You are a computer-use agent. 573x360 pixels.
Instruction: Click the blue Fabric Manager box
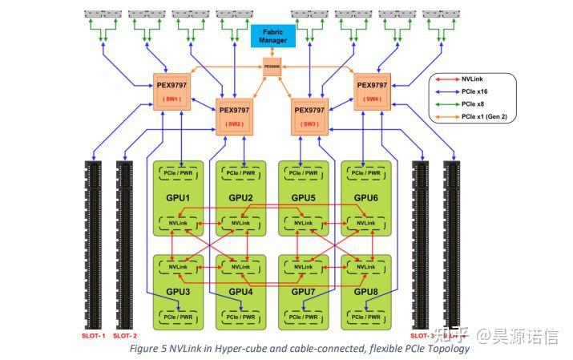pos(274,35)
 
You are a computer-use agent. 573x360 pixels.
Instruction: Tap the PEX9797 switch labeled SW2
pos(235,115)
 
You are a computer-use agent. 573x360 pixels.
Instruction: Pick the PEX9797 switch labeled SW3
pos(309,115)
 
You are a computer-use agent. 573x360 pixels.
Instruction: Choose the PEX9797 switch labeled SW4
pos(371,91)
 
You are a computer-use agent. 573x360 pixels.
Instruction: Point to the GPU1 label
pos(178,198)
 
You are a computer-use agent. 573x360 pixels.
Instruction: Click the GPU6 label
pos(365,198)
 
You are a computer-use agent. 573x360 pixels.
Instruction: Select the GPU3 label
pos(178,291)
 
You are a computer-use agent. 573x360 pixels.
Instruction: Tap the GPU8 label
pos(365,291)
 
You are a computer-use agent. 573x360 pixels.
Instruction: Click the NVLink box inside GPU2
pos(240,222)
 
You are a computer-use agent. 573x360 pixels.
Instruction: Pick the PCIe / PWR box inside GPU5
pos(303,173)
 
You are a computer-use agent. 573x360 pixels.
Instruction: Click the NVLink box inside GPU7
pos(303,266)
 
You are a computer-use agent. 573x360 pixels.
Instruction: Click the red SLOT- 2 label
pos(125,336)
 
